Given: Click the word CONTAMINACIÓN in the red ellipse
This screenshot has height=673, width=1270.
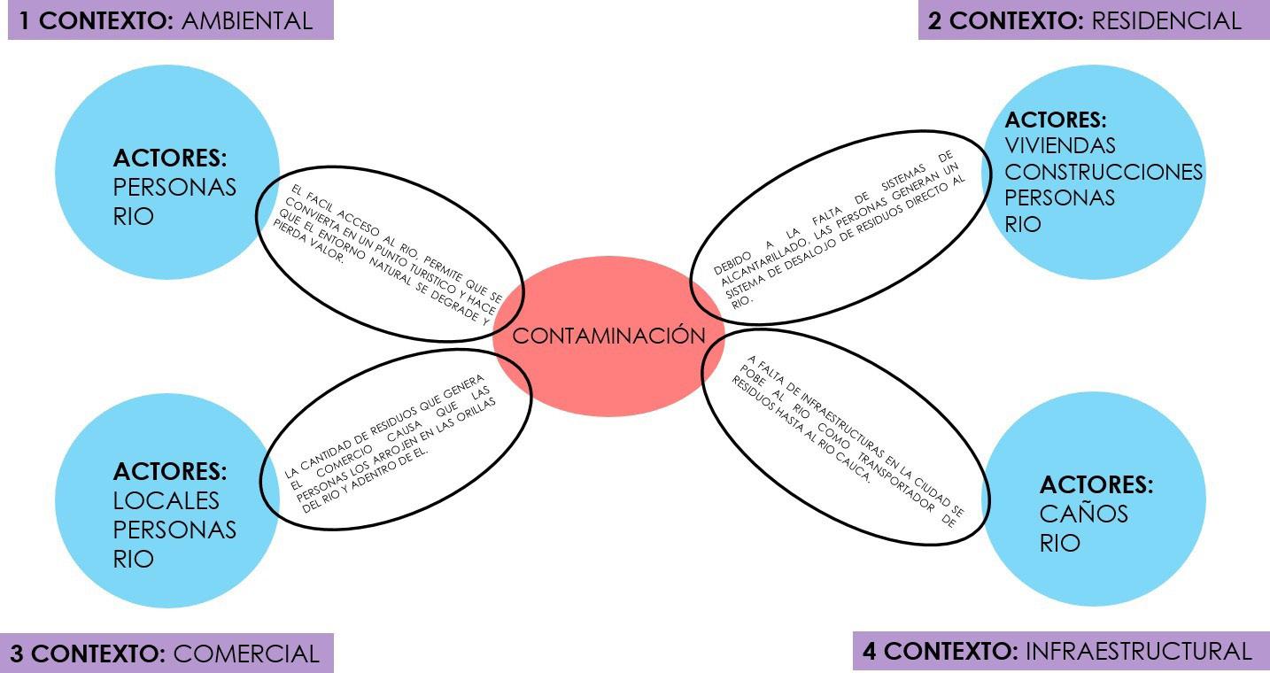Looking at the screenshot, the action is [x=609, y=336].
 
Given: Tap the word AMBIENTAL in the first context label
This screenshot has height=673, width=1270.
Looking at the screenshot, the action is [x=247, y=21].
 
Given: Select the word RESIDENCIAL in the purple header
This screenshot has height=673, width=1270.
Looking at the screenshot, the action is [x=1165, y=21].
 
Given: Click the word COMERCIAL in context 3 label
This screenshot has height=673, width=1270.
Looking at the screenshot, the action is [x=246, y=654].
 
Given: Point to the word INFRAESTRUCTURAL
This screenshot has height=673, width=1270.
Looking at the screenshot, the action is [x=1138, y=652].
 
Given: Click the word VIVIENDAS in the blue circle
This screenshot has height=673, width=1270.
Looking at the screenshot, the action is [x=1060, y=145].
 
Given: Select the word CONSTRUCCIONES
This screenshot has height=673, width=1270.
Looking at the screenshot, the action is [x=1104, y=171].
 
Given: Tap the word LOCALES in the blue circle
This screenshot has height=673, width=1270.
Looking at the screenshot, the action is [x=166, y=500].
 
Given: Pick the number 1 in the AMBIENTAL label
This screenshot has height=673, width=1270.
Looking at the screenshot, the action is [x=26, y=21].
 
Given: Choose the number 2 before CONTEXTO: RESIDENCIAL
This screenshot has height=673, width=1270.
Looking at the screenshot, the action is [x=934, y=21].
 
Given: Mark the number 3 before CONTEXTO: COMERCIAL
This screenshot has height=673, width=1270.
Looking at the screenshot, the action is [x=18, y=654].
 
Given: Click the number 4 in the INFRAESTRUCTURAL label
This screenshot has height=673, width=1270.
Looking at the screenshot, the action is [x=870, y=652].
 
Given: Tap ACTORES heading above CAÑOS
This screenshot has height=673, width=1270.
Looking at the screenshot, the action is [x=1096, y=484].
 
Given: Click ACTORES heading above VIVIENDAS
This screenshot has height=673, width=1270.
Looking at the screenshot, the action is [x=1056, y=120].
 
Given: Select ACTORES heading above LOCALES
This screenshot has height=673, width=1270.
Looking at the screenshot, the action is [x=169, y=471].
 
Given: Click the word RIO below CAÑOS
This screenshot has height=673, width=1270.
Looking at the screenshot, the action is [x=1059, y=542].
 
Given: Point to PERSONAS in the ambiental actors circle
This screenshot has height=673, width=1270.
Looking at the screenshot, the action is [x=174, y=188].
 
